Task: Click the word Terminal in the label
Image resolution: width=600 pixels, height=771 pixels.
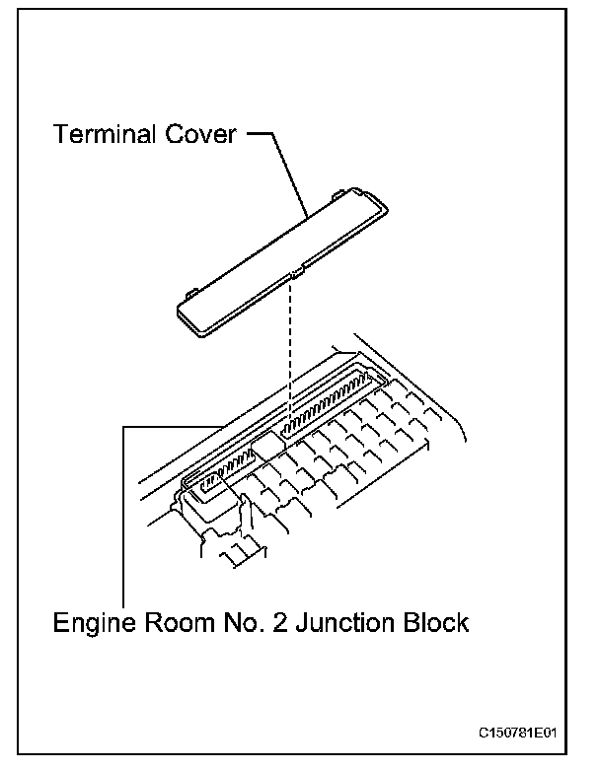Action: click(x=103, y=134)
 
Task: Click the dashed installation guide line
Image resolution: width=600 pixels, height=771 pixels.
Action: click(x=292, y=345)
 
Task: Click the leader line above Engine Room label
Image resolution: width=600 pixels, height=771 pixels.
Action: click(x=123, y=513)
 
